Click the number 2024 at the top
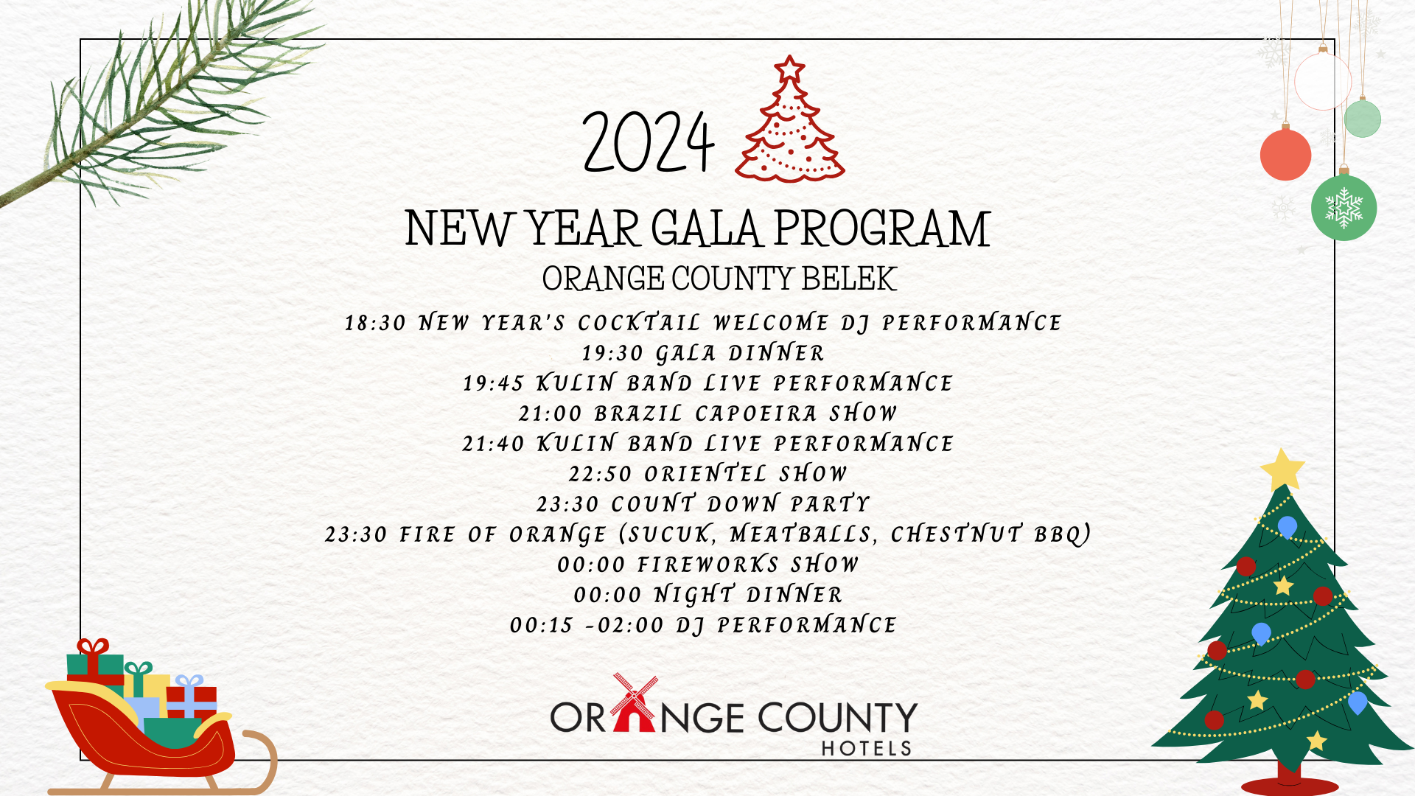[649, 142]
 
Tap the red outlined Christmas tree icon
[790, 119]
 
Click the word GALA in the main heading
[705, 228]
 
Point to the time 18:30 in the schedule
[376, 323]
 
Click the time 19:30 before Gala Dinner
[613, 353]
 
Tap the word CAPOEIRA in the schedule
[756, 413]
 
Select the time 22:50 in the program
[600, 474]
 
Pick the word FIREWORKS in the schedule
[708, 565]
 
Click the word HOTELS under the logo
[867, 749]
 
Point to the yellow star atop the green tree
[1282, 469]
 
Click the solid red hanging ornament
[1285, 153]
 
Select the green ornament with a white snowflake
[1344, 206]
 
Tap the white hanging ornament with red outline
[1323, 80]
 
